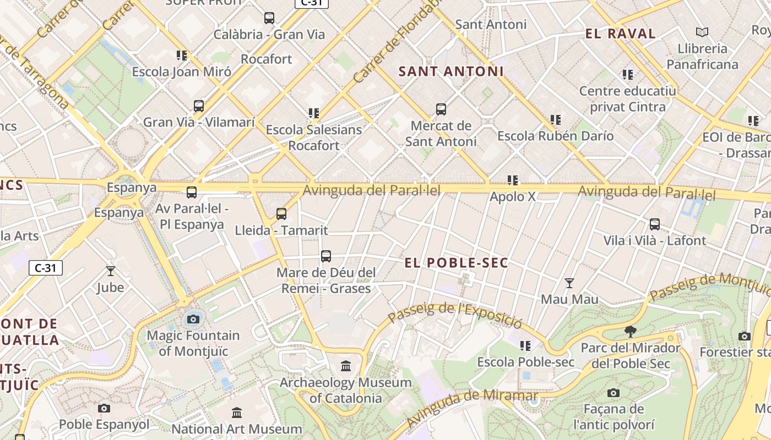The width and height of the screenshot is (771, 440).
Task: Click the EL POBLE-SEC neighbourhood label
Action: coord(457,263)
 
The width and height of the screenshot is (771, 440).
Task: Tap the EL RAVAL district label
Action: coord(620,34)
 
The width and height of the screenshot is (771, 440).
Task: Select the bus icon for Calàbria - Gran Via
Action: coord(269,18)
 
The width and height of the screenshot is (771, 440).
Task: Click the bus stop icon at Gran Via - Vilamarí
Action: coord(199,106)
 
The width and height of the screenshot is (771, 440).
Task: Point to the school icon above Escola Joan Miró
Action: coord(182,56)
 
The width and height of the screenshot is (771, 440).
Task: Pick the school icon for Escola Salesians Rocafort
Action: coord(314,114)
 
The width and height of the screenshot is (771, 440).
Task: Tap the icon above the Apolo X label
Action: coord(513,180)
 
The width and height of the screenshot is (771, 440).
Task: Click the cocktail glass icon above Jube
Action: coord(111,271)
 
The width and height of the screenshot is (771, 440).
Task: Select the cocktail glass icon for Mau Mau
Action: coord(569,283)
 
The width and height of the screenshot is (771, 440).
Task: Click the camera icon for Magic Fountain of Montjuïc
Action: coord(193,319)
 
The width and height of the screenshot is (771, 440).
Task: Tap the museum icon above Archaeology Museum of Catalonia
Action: coord(346,366)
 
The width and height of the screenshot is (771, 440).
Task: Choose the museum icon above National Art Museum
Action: coord(237,413)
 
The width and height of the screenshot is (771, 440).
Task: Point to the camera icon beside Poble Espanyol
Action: coord(104,409)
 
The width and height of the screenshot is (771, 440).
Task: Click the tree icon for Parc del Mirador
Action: coord(631,332)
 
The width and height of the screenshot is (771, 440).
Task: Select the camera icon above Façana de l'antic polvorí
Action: coord(613,393)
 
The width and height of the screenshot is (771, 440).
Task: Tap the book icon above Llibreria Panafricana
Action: coord(702,32)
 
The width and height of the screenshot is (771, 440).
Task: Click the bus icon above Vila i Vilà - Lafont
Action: coord(654,224)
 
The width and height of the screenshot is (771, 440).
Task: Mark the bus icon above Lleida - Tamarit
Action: coord(281,214)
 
